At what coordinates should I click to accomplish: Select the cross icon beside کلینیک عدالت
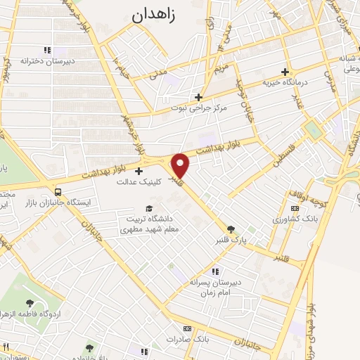139,171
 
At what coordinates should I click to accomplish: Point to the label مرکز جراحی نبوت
199,109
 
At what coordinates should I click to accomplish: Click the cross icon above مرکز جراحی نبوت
199,98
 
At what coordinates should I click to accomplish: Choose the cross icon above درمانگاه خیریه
284,72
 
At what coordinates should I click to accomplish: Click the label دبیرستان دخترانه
47,61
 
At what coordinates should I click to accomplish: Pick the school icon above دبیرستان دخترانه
47,50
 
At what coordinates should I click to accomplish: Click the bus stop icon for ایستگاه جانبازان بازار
57,191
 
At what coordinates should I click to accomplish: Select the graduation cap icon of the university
148,207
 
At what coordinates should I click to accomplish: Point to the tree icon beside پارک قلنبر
231,229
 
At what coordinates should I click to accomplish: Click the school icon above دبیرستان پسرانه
215,271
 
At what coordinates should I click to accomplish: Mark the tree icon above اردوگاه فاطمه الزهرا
29,302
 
